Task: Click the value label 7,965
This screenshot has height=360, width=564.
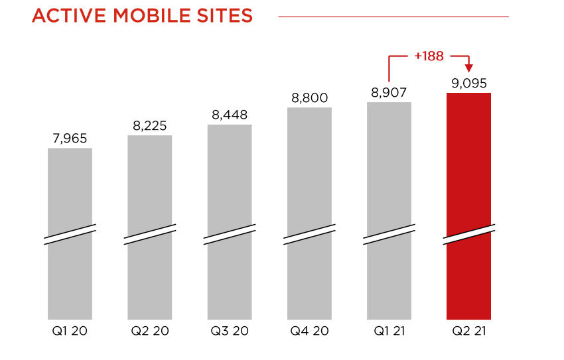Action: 70,139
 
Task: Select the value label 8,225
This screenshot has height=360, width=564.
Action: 149,126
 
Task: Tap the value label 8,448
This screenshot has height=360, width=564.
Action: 230,115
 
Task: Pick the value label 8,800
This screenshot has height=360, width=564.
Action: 309,98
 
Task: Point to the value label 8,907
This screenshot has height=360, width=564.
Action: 389,93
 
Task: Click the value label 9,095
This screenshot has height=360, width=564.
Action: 469,84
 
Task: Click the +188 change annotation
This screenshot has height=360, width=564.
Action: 429,56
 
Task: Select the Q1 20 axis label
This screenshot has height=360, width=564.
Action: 70,331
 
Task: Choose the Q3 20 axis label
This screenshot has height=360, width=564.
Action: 230,331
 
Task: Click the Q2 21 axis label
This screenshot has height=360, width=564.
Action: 468,331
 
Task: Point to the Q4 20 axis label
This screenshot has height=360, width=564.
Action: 309,331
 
